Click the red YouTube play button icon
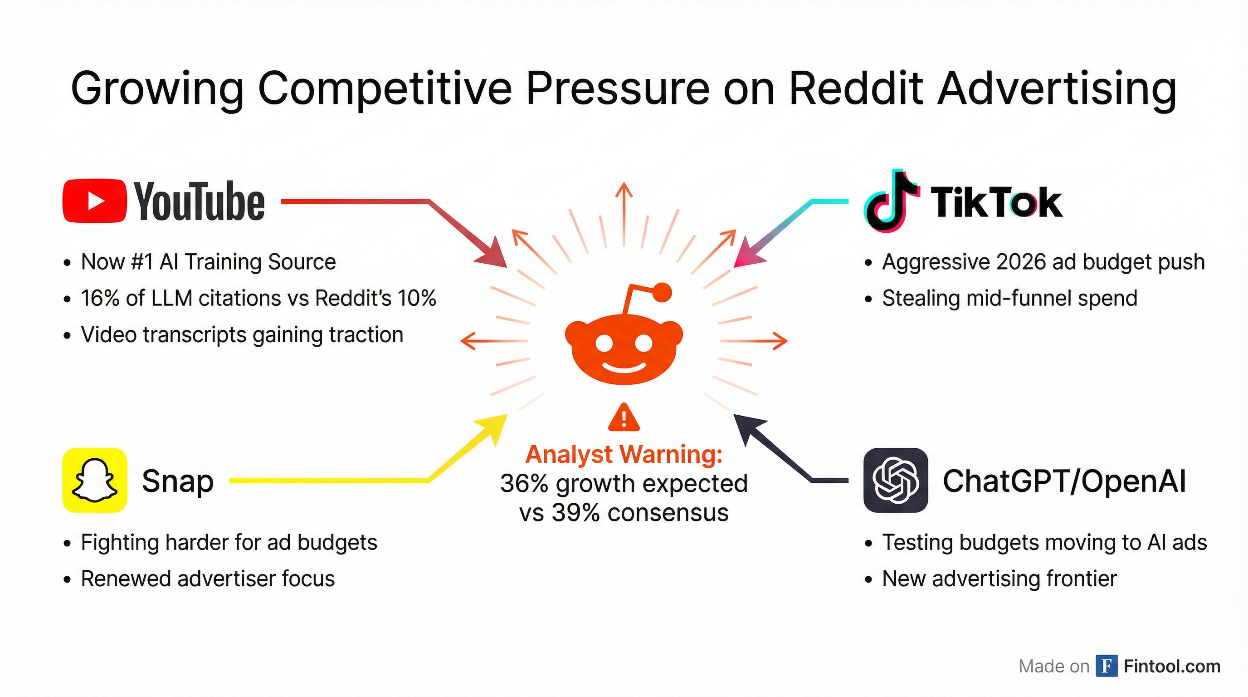95,201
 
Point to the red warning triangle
624,418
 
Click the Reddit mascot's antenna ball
662,293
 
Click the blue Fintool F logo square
1106,666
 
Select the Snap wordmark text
177,481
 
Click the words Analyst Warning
624,455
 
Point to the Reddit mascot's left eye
604,343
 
